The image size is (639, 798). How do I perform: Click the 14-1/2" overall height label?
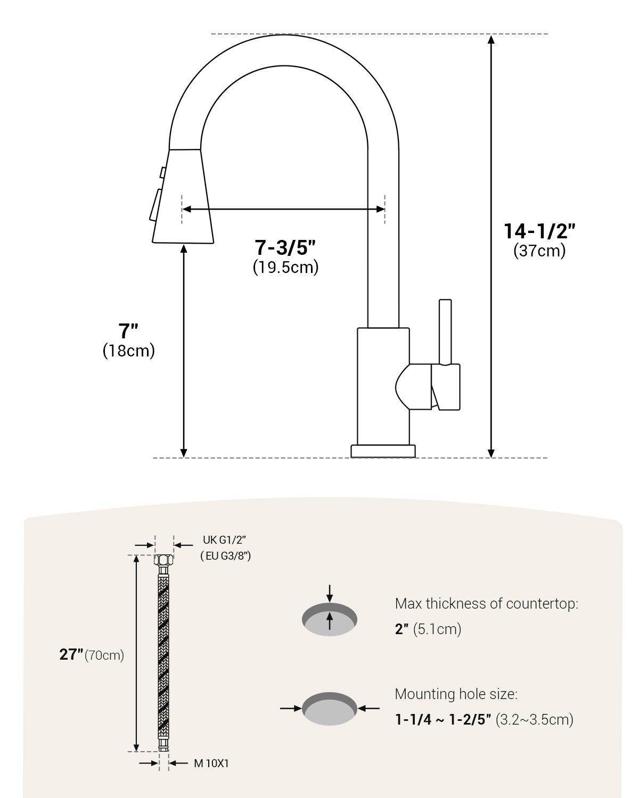pos(539,231)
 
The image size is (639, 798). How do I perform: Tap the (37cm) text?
pos(539,251)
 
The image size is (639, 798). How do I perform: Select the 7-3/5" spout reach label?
pos(285,247)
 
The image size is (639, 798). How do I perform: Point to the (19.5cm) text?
pos(285,268)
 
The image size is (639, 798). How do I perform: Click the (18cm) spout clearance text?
pos(128,351)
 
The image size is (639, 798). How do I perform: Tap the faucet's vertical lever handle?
pos(445,332)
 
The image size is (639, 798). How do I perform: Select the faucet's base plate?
pos(383,451)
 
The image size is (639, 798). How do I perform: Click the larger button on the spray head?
pos(155,205)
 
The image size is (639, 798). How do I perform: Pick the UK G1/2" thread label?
pos(224,540)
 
